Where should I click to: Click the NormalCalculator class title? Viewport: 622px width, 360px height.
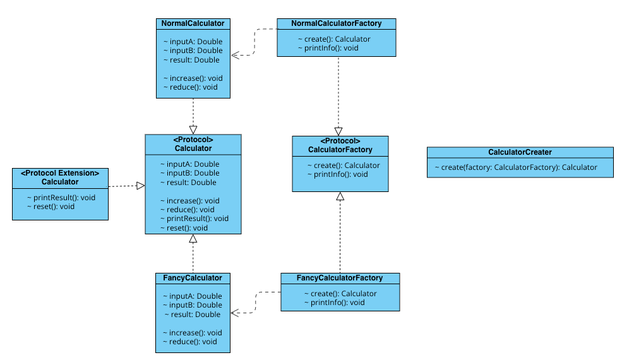click(x=193, y=23)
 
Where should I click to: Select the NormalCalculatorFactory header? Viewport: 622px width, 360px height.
click(x=337, y=23)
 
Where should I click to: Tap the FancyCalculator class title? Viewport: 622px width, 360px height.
click(x=193, y=278)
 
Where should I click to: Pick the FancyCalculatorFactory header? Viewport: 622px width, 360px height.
click(x=340, y=278)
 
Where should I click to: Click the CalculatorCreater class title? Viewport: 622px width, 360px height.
click(x=520, y=152)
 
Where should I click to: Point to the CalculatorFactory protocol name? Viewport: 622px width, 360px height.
click(x=340, y=150)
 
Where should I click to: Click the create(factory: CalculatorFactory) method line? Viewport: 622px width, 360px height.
click(x=515, y=167)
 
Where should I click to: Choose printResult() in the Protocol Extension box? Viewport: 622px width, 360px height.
click(x=61, y=198)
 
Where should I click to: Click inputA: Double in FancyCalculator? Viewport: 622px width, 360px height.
click(x=192, y=296)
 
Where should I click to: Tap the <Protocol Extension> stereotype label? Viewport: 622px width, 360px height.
click(x=60, y=173)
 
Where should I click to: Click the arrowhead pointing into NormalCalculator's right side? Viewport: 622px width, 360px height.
click(x=235, y=56)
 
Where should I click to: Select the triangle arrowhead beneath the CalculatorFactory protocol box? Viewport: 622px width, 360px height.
click(x=340, y=196)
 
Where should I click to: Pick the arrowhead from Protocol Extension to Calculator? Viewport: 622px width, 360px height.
click(x=141, y=186)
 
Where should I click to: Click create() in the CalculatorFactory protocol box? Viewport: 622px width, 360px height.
click(x=338, y=165)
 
